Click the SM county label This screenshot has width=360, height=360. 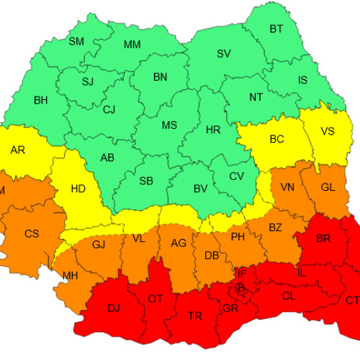pyautogui.click(x=76, y=41)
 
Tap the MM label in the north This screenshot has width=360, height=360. pyautogui.click(x=132, y=45)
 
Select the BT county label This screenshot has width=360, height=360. pyautogui.click(x=276, y=29)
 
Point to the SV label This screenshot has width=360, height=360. pyautogui.click(x=224, y=54)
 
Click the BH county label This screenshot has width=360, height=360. pyautogui.click(x=41, y=101)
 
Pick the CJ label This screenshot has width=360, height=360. pyautogui.click(x=109, y=110)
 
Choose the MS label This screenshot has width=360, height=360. pyautogui.click(x=169, y=125)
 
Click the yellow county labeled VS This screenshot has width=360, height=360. pyautogui.click(x=328, y=131)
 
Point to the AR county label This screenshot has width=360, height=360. pyautogui.click(x=18, y=150)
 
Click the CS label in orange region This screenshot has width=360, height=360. pyautogui.click(x=32, y=233)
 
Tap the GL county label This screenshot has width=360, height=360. pyautogui.click(x=328, y=187)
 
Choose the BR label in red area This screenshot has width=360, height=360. pyautogui.click(x=323, y=238)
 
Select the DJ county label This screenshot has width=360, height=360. pyautogui.click(x=114, y=308)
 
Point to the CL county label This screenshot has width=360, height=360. pyautogui.click(x=288, y=296)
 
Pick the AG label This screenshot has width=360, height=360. pyautogui.click(x=179, y=243)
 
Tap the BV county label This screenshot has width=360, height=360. pyautogui.click(x=201, y=189)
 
